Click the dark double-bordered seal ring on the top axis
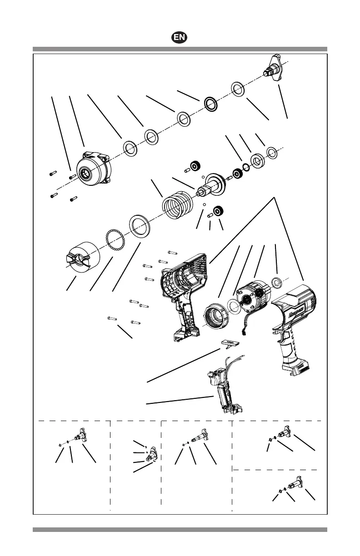pos(210,104)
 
